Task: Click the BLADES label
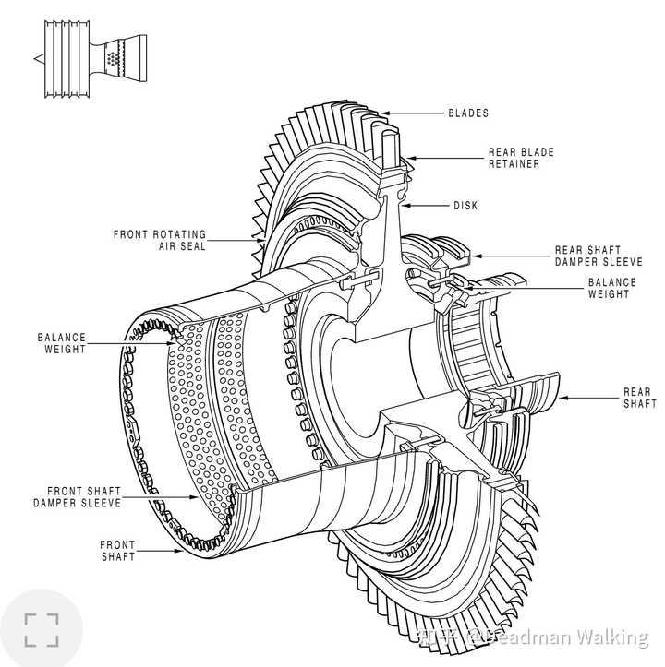pos(468,113)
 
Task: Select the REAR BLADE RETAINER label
pos(521,158)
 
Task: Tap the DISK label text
pos(465,206)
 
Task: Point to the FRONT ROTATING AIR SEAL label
pos(160,241)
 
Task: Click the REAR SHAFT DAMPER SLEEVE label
pos(598,256)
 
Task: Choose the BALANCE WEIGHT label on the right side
pos(611,288)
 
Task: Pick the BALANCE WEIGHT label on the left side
pos(62,343)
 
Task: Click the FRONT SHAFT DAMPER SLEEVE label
pos(78,497)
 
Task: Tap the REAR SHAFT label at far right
pos(640,398)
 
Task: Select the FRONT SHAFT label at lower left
pos(117,551)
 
